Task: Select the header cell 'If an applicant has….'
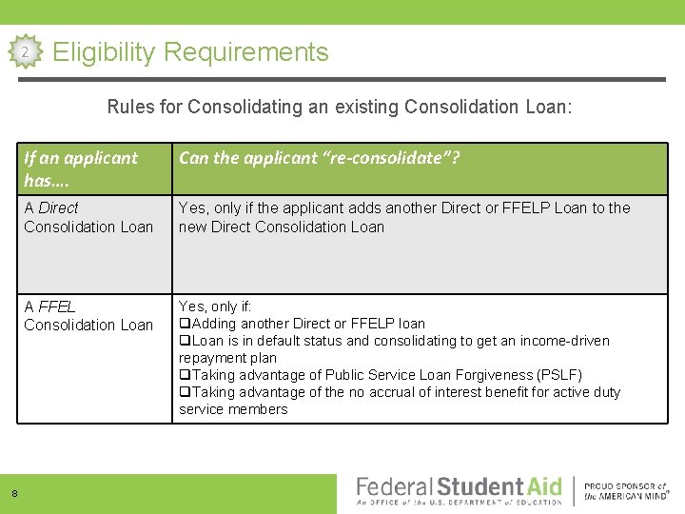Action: point(81,168)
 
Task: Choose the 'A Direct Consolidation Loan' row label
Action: point(88,217)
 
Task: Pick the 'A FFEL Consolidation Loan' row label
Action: point(88,315)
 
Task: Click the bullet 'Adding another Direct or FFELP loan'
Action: point(302,324)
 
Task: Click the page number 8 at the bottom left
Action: point(14,493)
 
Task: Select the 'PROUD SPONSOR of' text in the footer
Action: point(624,484)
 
